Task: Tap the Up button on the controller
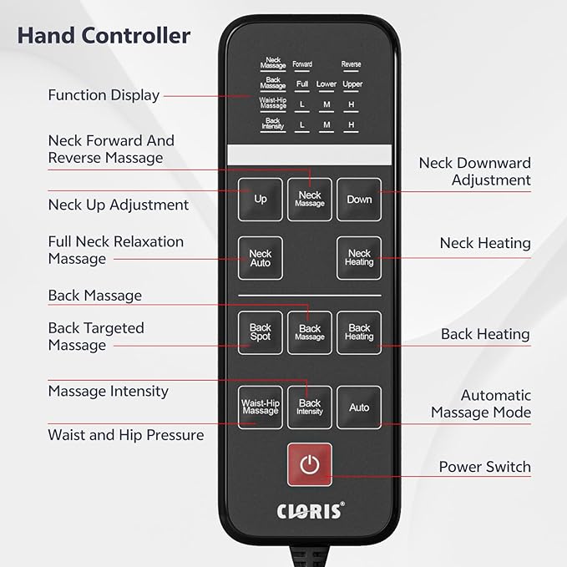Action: tap(260, 200)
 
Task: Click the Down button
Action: tap(359, 200)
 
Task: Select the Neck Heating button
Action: tap(359, 258)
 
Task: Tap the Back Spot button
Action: tap(260, 332)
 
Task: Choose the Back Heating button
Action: tap(359, 332)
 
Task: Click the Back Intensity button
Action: tap(310, 408)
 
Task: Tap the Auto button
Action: tap(359, 408)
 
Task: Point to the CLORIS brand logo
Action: tap(311, 510)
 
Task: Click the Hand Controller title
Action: tap(104, 36)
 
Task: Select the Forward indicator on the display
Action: tap(302, 64)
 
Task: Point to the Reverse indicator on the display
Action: tap(351, 64)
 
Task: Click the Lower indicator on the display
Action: tap(327, 84)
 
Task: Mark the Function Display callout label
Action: tap(104, 95)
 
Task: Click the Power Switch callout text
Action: tap(485, 467)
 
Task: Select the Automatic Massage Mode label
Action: tap(481, 403)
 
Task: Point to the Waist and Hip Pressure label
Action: tap(126, 435)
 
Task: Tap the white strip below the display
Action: tap(310, 155)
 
